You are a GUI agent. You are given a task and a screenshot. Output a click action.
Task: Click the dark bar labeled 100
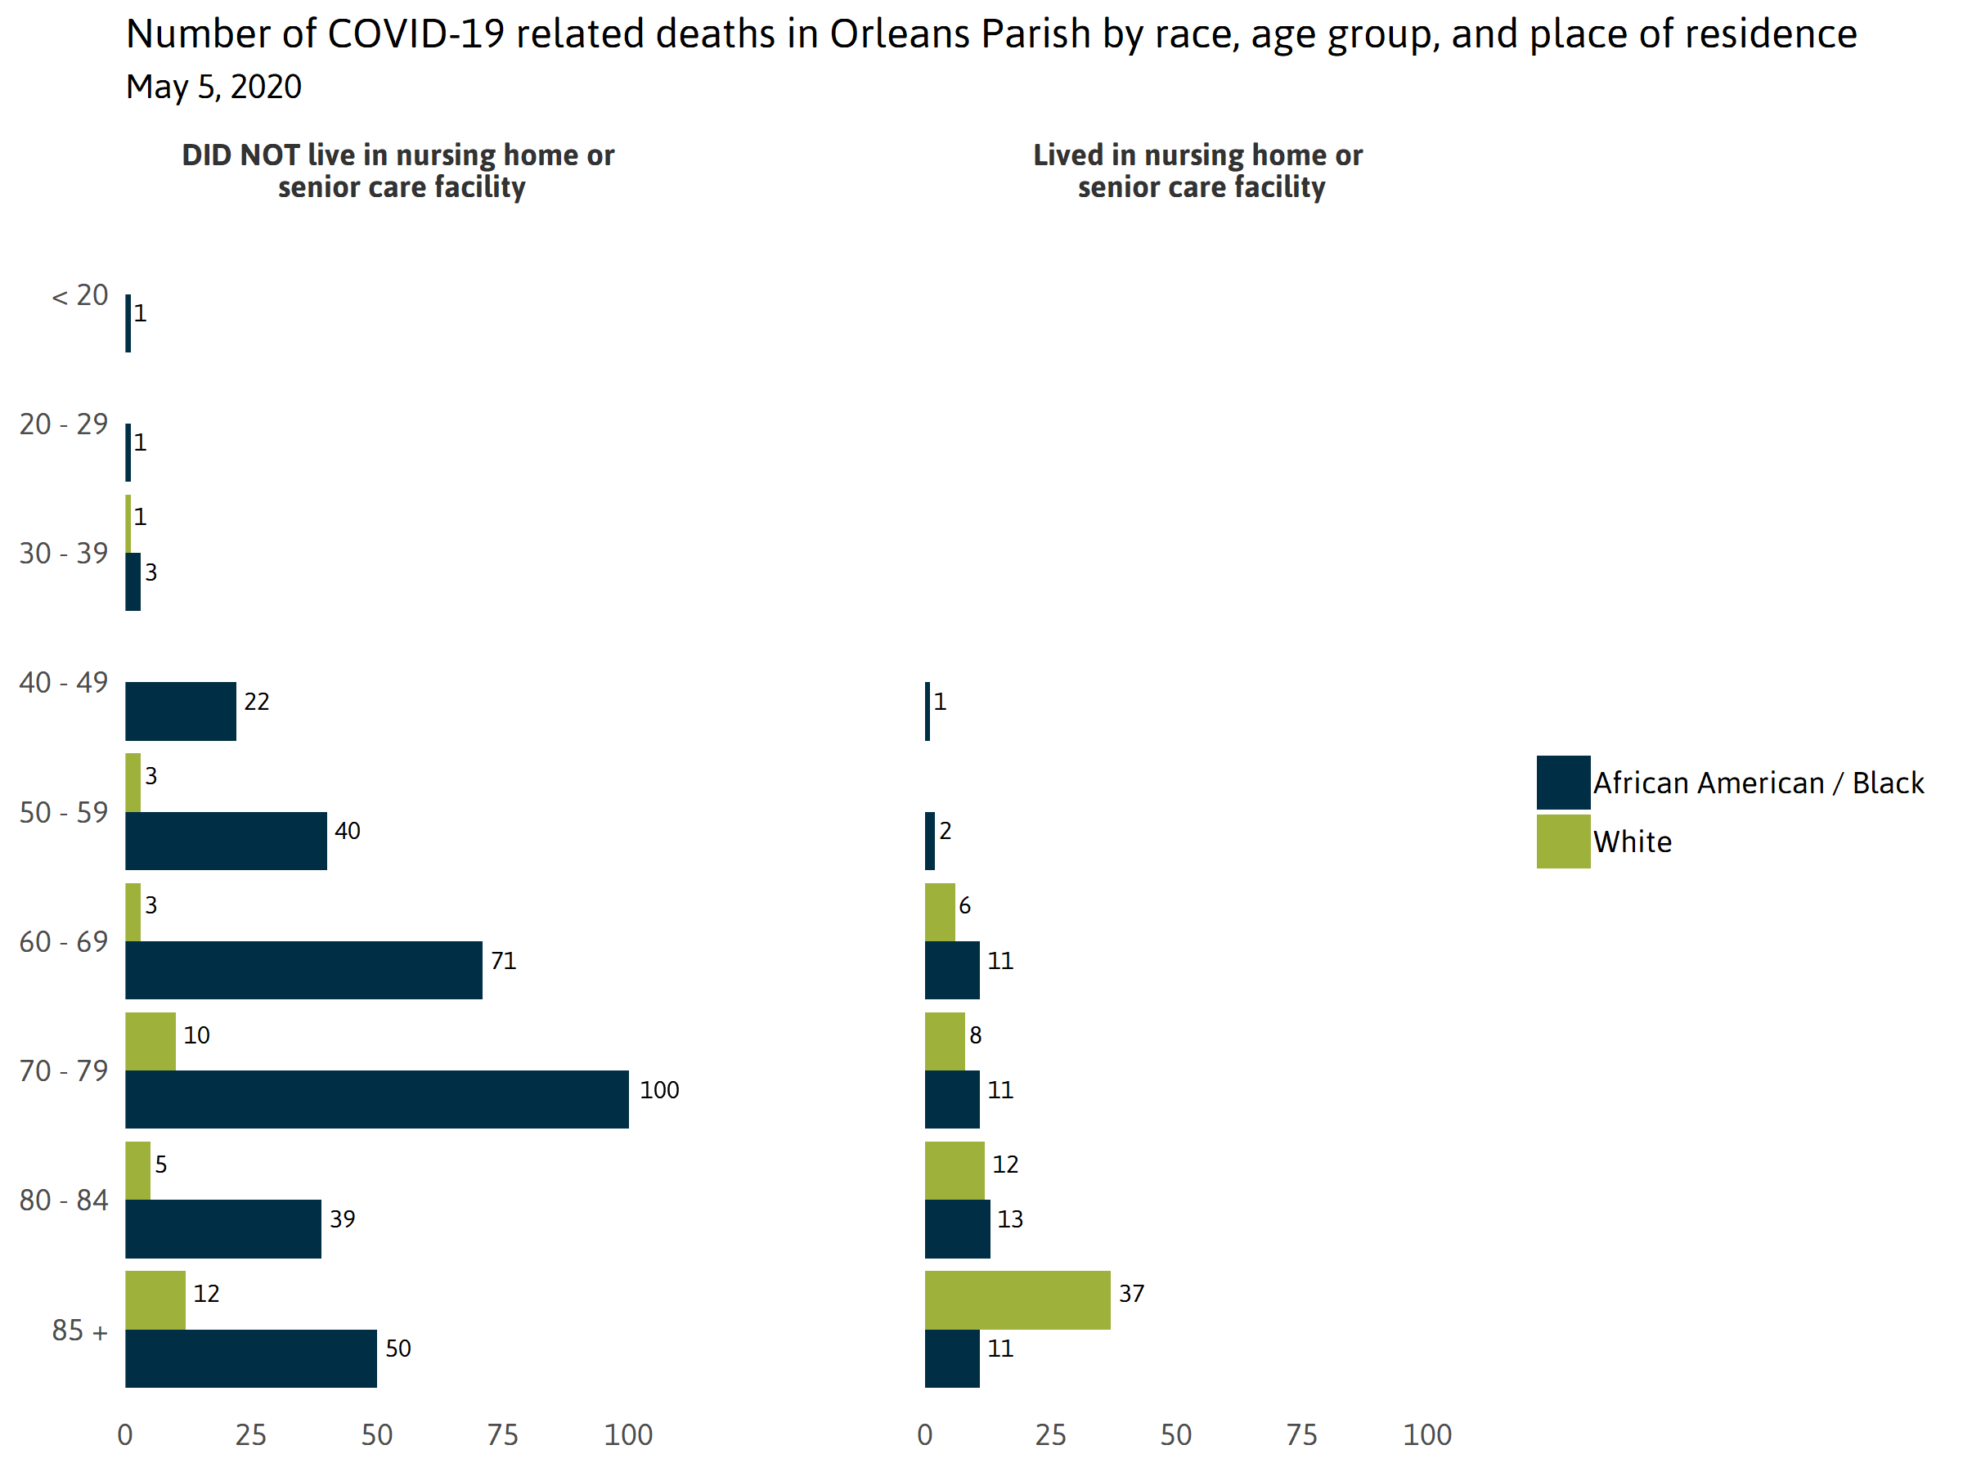376,1098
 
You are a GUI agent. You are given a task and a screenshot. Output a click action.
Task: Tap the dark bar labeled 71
303,970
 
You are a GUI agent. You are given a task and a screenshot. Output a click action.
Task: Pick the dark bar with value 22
180,711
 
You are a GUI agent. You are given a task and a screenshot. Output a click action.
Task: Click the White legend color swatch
1563,841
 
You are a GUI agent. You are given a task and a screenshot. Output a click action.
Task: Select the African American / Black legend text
1758,783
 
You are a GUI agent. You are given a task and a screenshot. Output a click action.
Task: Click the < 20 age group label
80,294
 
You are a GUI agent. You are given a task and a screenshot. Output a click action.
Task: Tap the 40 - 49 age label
64,682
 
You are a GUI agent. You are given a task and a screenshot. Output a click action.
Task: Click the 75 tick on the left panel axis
502,1434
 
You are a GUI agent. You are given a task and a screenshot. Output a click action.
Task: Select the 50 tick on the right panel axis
1176,1434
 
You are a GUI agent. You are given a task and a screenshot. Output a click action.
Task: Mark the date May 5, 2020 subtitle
213,87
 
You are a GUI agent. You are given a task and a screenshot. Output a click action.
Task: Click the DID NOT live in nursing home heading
398,170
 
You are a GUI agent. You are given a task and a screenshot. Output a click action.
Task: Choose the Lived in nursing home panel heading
1198,170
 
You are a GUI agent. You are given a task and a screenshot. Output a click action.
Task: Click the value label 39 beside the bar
343,1218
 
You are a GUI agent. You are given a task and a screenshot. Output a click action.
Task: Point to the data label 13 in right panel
1010,1218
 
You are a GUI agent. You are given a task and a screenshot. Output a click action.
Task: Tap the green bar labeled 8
944,1041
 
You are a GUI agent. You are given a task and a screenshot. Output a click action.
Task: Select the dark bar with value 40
226,840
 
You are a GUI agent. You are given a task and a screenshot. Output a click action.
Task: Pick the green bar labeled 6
940,911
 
